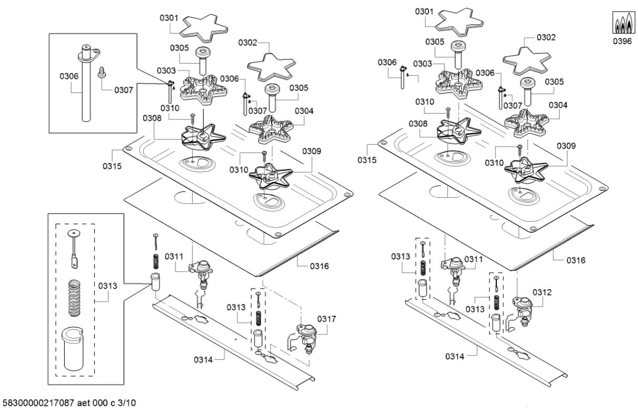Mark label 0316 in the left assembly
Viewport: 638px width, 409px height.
[x=320, y=267]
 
